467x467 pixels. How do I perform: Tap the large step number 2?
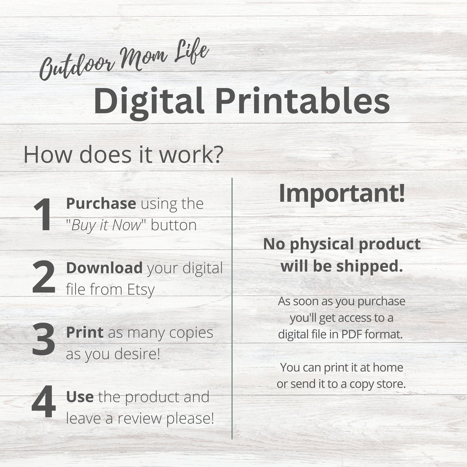pos(44,277)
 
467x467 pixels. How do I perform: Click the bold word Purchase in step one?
pos(101,204)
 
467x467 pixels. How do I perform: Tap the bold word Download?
pos(104,268)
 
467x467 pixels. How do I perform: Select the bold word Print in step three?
pos(85,332)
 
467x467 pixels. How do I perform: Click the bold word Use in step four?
pos(80,397)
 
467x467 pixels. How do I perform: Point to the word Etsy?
pos(141,290)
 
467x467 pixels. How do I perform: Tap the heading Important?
pos(342,193)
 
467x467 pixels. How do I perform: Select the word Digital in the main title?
pos(149,101)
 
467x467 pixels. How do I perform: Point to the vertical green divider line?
pos(232,308)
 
